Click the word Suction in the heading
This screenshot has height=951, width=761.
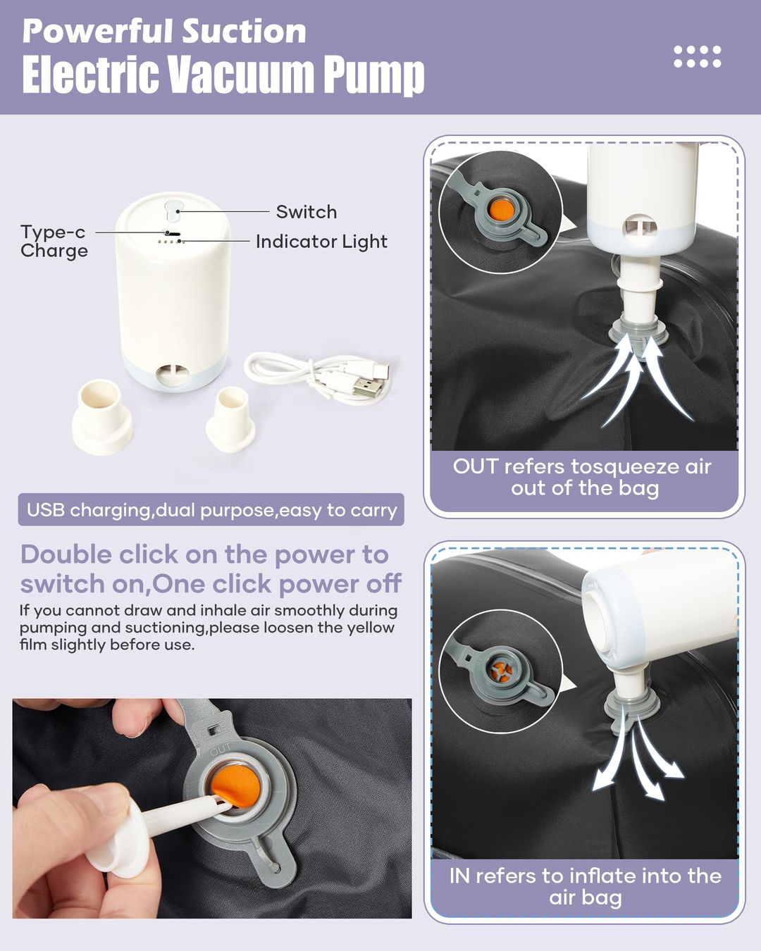coord(244,32)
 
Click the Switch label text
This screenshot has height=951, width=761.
coord(307,212)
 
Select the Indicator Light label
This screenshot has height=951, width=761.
coord(321,242)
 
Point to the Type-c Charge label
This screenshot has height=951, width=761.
coord(54,242)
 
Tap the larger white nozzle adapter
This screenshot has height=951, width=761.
coord(102,417)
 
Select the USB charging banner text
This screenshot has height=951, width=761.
coord(212,510)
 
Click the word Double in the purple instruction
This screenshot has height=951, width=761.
coord(66,554)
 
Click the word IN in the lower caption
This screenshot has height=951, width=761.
coord(460,876)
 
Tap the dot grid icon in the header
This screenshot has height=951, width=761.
coord(698,57)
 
